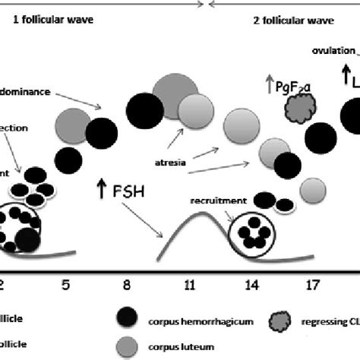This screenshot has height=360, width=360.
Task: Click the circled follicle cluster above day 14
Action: pos(251,232)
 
